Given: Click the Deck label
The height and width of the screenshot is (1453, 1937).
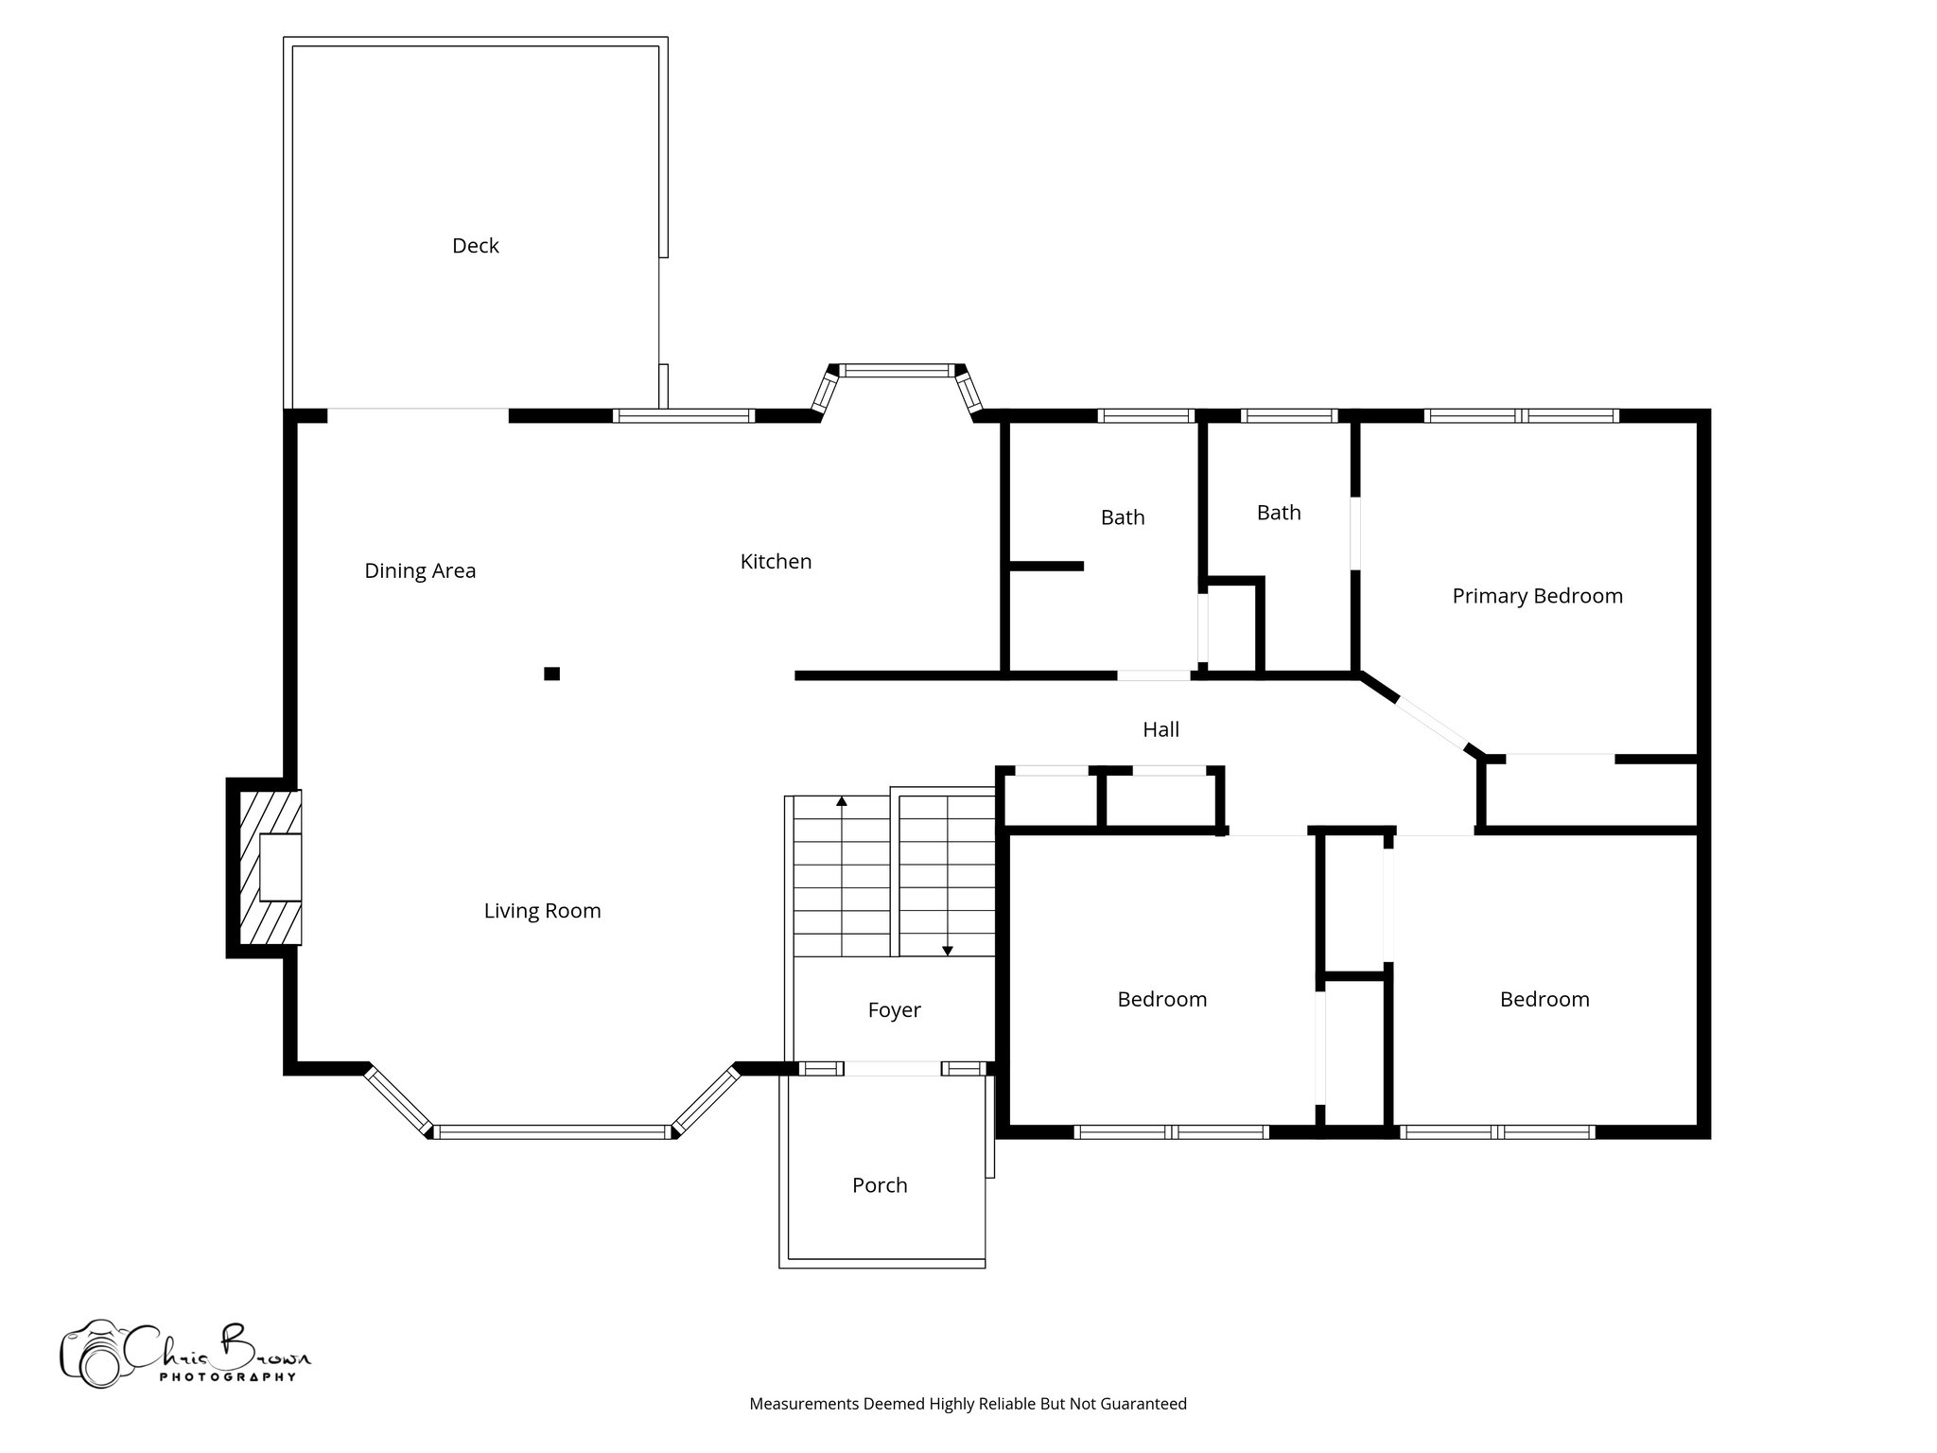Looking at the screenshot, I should click(475, 246).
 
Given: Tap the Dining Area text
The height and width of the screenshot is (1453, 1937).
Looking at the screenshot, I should click(420, 570).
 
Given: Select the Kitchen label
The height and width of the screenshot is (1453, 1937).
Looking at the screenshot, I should click(776, 562).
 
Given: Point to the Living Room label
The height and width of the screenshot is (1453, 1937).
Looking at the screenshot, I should click(542, 911).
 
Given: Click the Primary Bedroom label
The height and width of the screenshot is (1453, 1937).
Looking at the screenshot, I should click(1537, 596).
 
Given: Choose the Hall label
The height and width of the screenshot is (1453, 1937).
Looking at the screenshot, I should click(1160, 729).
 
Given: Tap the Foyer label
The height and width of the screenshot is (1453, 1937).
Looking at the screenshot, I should click(894, 1010).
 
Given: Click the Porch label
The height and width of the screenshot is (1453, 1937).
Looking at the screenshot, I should click(880, 1185).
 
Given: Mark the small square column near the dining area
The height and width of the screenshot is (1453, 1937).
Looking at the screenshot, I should click(551, 674).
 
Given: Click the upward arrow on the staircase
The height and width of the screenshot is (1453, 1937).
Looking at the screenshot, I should click(842, 802).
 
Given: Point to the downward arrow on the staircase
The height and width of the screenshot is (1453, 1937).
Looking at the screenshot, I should click(947, 950).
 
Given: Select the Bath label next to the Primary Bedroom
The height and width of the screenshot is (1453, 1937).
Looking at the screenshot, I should click(1279, 513).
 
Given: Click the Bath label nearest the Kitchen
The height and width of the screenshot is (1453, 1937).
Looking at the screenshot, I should click(1123, 517).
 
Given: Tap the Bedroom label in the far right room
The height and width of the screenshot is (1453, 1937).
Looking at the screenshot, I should click(1544, 1000).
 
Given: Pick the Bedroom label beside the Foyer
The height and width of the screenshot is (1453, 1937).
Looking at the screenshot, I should click(1161, 1000).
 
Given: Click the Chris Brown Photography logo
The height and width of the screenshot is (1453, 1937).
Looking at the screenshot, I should click(184, 1354).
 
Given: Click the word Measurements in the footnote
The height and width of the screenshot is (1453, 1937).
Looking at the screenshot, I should click(804, 1404).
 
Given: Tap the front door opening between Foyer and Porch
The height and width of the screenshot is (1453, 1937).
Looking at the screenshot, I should click(892, 1069).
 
